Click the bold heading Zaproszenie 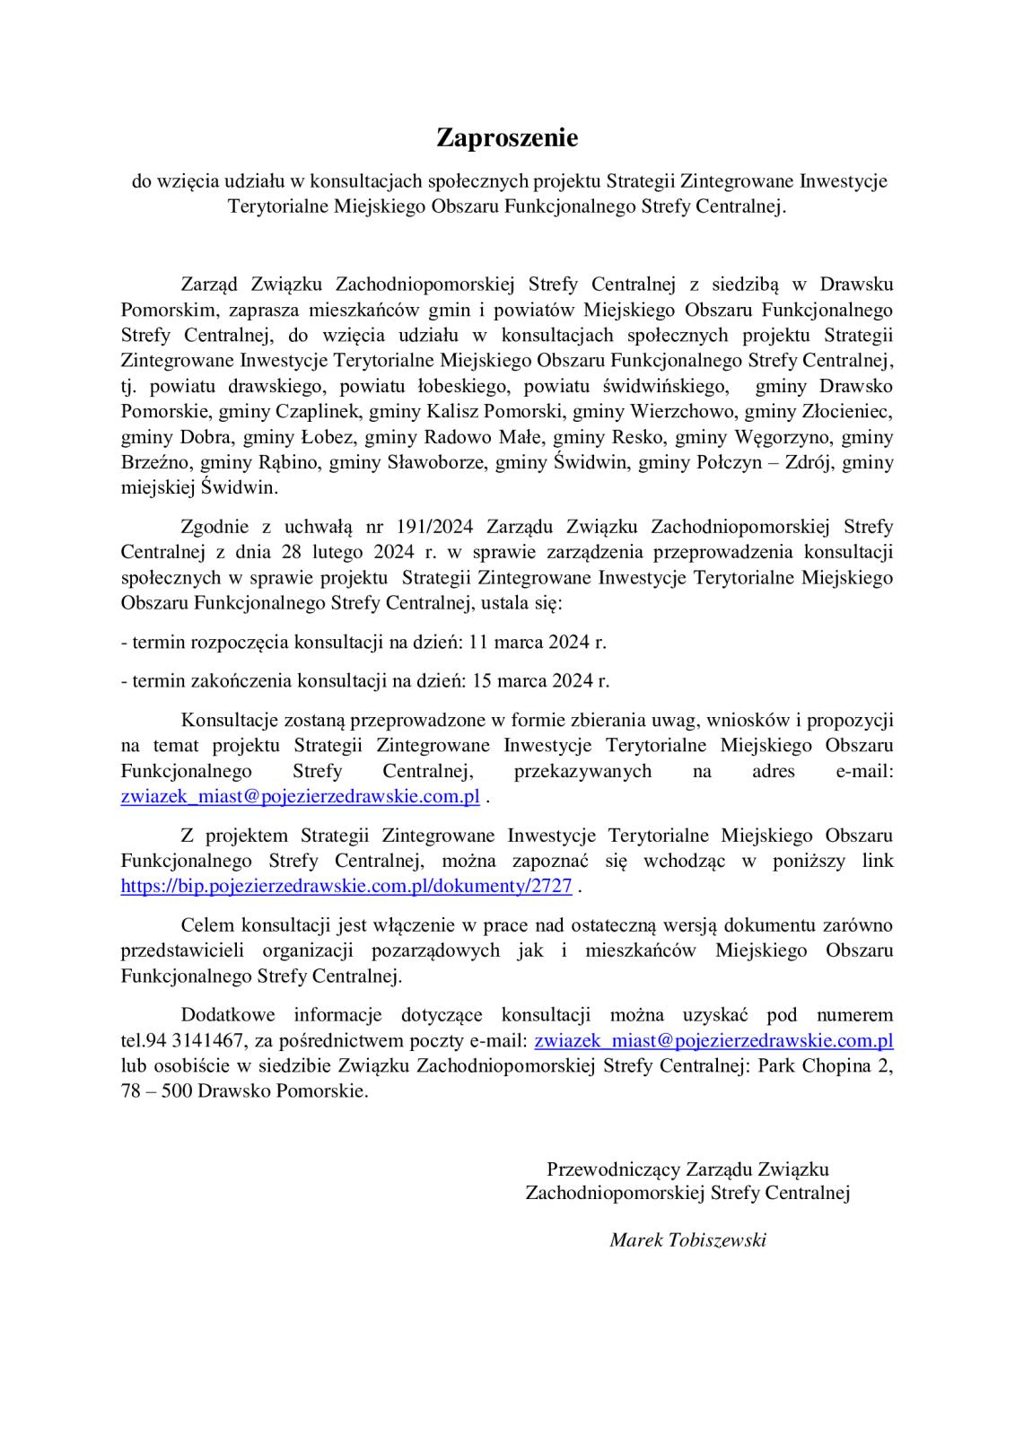coord(507,138)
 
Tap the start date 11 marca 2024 coord(536,642)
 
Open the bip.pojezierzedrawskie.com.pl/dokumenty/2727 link coord(346,886)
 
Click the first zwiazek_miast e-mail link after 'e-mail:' coord(300,795)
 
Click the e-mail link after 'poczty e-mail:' coord(713,1040)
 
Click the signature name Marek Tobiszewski coord(687,1239)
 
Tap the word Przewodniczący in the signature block coord(613,1169)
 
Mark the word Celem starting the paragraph coord(206,924)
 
